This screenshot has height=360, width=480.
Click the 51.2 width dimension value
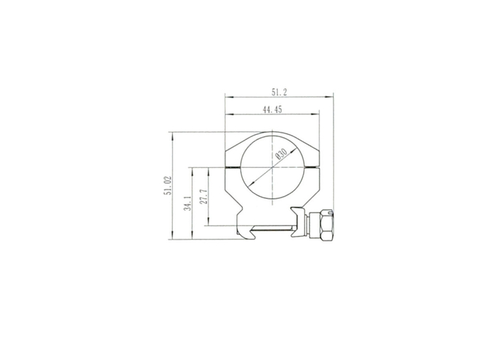pyautogui.click(x=279, y=92)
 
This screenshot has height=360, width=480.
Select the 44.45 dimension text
pyautogui.click(x=272, y=110)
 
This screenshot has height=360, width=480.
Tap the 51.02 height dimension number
pyautogui.click(x=168, y=186)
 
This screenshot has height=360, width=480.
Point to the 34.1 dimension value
pyautogui.click(x=188, y=203)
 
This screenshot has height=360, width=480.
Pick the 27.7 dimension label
pyautogui.click(x=204, y=197)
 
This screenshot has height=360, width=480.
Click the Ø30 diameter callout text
pyautogui.click(x=281, y=154)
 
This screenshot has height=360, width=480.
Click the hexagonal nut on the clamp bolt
pyautogui.click(x=327, y=226)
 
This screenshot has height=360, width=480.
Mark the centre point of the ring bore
pyautogui.click(x=272, y=167)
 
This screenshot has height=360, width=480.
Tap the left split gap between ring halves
pyautogui.click(x=232, y=167)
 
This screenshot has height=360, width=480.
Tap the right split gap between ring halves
pyautogui.click(x=311, y=167)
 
